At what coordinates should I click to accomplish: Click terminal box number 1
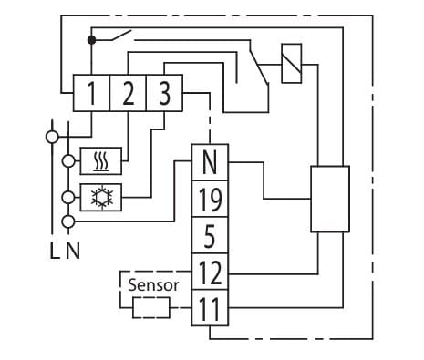tap(91, 93)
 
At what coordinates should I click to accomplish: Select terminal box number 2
tap(128, 93)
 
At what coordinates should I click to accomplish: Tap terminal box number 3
tap(164, 93)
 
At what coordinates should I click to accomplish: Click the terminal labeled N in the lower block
tap(210, 162)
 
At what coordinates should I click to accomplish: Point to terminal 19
tap(210, 199)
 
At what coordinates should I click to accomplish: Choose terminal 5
tap(210, 235)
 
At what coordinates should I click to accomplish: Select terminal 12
tap(210, 272)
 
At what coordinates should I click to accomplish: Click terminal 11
tap(210, 308)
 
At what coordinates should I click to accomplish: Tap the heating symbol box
tap(101, 161)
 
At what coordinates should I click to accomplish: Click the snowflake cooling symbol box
tap(101, 198)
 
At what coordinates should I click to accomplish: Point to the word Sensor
tap(153, 285)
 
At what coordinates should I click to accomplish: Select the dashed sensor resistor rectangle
tap(151, 308)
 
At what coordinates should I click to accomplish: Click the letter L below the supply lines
tap(55, 251)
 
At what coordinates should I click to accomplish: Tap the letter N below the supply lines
tap(73, 251)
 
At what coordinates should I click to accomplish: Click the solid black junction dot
tap(91, 40)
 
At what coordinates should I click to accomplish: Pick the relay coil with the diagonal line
tap(292, 64)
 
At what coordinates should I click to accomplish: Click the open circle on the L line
tap(52, 137)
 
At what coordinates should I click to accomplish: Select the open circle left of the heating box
tap(68, 161)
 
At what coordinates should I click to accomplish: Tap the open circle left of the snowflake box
tap(68, 198)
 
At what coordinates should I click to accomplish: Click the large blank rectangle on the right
tap(330, 199)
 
